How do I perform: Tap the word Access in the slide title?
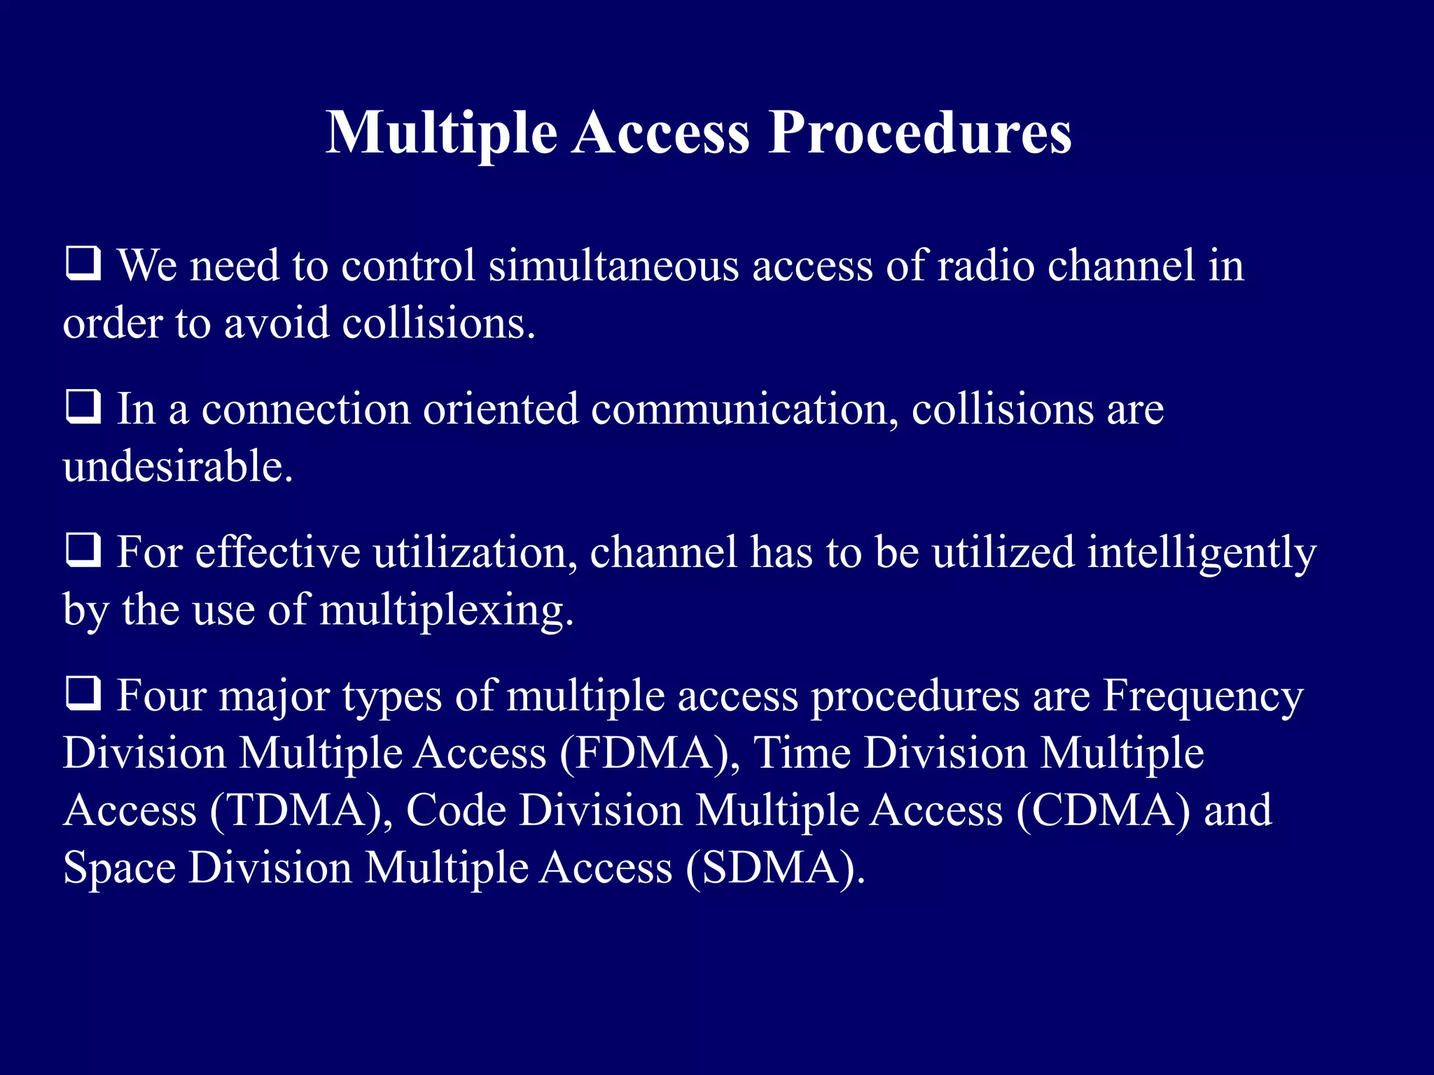point(661,133)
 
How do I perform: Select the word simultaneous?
point(613,266)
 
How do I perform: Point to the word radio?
point(984,266)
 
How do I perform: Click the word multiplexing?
point(446,610)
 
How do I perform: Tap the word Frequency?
point(1203,698)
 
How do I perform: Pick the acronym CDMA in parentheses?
point(1103,811)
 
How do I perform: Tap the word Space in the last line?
point(119,869)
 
